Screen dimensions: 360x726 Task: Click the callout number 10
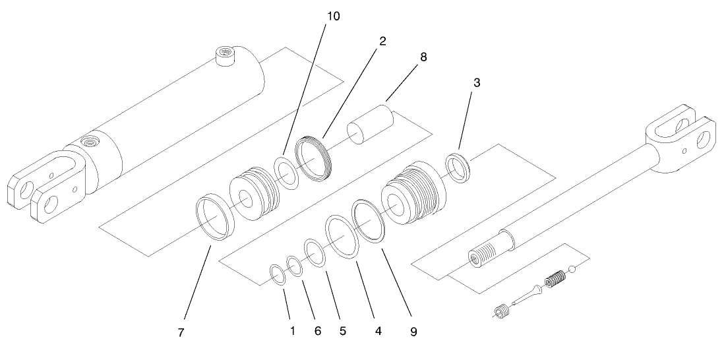[x=334, y=16]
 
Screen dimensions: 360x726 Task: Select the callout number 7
[x=180, y=333]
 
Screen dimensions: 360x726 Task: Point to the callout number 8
[x=423, y=57]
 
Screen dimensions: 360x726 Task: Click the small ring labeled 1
[x=278, y=274]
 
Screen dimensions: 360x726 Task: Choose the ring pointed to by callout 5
[x=315, y=253]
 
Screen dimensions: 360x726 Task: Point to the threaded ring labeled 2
[x=316, y=160]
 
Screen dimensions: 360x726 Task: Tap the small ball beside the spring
[x=574, y=269]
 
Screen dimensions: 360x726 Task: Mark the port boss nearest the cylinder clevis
[x=86, y=142]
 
